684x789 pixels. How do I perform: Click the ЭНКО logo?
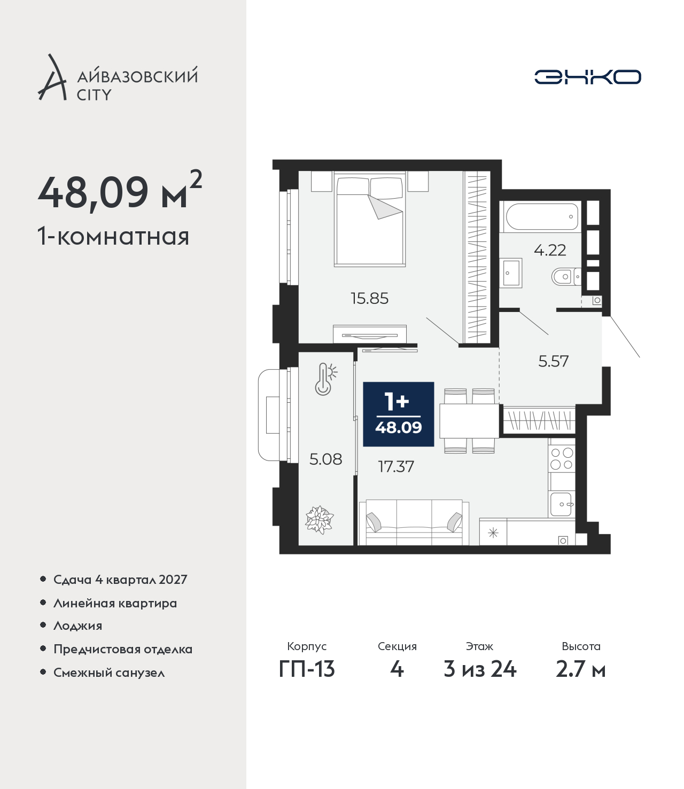point(587,77)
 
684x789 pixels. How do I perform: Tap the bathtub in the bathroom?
point(542,216)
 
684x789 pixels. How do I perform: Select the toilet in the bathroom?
point(565,277)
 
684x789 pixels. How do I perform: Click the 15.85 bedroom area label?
point(369,299)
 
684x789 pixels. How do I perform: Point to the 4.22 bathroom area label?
point(549,251)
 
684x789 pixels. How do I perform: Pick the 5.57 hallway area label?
point(554,361)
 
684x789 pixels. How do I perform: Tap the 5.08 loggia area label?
point(325,459)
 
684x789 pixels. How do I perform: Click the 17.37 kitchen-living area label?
point(396,466)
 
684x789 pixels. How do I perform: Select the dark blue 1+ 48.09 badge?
point(398,414)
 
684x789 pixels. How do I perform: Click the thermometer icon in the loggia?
point(325,379)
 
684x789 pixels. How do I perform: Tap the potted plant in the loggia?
point(319,520)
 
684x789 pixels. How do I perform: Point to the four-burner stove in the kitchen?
point(562,458)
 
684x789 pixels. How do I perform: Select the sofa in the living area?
point(414,522)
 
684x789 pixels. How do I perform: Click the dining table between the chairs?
point(469,421)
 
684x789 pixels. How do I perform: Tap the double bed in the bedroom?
point(369,218)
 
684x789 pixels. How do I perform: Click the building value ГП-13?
point(307,669)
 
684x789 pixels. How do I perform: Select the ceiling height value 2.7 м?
point(580,669)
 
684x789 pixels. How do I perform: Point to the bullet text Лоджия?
point(77,626)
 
